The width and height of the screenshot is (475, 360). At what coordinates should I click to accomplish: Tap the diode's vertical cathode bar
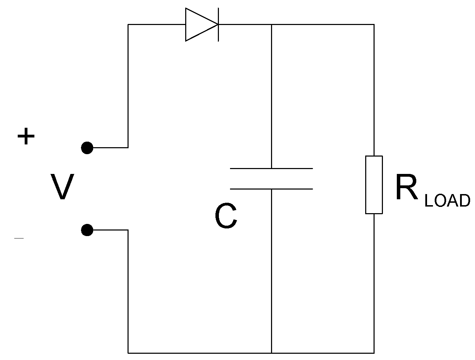coord(218,25)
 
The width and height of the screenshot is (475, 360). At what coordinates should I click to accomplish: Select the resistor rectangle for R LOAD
coord(374,185)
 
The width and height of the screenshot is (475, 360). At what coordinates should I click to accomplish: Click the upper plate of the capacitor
coord(271,168)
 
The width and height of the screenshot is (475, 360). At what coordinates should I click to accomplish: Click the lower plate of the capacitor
coord(271,189)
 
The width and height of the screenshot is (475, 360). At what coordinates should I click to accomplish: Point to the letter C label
coord(226,217)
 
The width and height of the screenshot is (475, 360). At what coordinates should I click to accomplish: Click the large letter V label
coord(62,187)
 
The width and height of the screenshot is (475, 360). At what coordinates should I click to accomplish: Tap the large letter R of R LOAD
coord(406,188)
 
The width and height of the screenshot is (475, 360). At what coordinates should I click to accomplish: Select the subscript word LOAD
coord(447,201)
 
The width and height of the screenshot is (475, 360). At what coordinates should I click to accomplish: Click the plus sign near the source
coord(26,136)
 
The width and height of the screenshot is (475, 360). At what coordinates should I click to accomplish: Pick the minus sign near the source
coord(19,238)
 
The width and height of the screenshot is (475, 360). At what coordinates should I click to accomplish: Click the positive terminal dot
coord(87,148)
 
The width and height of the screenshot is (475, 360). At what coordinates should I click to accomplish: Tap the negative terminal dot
coord(87,230)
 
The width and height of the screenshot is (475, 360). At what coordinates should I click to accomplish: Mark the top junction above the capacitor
coord(271,25)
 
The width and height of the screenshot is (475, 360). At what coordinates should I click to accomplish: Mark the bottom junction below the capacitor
coord(271,353)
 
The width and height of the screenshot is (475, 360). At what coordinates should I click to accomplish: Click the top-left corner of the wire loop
coord(128,25)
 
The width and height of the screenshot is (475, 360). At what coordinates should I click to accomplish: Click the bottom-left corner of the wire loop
coord(128,353)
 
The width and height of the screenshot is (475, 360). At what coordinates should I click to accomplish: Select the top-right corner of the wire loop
coord(374,25)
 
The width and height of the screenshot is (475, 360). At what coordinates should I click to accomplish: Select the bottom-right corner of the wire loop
coord(374,353)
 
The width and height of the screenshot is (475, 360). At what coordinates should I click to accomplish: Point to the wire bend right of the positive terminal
coord(128,148)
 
